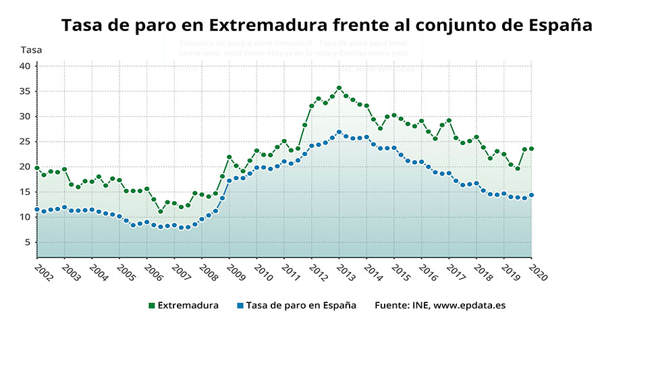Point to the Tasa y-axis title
(x=30, y=50)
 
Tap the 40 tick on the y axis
(x=24, y=65)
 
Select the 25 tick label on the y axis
(x=24, y=141)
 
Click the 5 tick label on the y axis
(x=27, y=242)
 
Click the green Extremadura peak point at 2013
(x=339, y=88)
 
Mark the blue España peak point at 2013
(x=339, y=132)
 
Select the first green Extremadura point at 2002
(x=37, y=168)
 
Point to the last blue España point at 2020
(x=531, y=195)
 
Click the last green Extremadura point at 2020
(x=531, y=148)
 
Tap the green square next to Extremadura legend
(x=151, y=306)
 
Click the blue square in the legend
(x=240, y=306)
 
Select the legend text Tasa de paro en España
(x=301, y=305)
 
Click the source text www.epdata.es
(x=469, y=305)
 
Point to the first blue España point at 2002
(x=37, y=210)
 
